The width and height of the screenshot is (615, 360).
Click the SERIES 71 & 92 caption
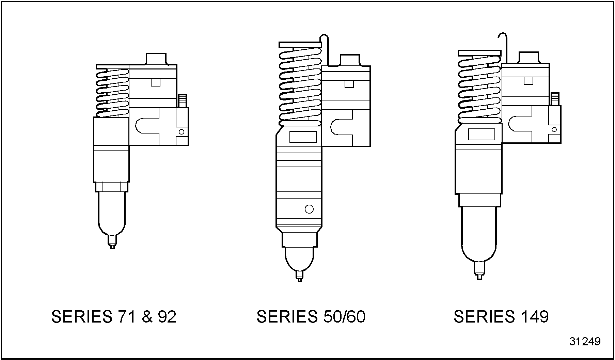[114, 317]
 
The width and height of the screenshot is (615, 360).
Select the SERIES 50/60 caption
[311, 317]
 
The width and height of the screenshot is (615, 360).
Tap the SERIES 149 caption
[501, 317]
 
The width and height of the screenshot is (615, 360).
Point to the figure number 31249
[585, 342]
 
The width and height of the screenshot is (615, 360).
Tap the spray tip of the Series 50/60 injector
[299, 276]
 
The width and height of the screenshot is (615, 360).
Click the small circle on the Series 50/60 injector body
[309, 209]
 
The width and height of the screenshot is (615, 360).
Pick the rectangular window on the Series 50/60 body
[303, 137]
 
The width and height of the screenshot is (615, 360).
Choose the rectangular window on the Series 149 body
[482, 134]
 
